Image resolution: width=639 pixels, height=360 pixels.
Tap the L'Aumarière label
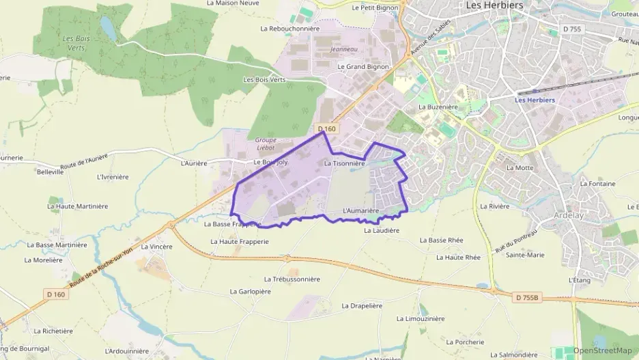(x=360, y=210)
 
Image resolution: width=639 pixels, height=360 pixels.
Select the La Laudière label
(x=382, y=231)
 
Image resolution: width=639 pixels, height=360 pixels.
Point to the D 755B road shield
(x=527, y=297)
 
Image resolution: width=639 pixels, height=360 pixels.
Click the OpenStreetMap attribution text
(x=602, y=350)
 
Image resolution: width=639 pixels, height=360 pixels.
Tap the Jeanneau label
(x=343, y=49)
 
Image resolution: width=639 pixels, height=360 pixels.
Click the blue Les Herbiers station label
(x=535, y=100)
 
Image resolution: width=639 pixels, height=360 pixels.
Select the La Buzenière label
(x=438, y=107)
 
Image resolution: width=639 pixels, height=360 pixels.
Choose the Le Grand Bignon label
(x=363, y=67)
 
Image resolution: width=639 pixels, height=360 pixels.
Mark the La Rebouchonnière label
(x=290, y=29)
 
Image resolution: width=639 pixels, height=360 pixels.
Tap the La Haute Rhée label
(x=458, y=258)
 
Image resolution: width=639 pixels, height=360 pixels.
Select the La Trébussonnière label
(x=292, y=279)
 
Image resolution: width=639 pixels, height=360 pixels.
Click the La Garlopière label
(x=250, y=291)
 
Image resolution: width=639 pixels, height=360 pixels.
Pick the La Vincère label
(x=156, y=247)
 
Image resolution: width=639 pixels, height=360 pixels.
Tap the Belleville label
(x=51, y=172)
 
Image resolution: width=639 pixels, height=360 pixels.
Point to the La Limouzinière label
(x=421, y=318)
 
